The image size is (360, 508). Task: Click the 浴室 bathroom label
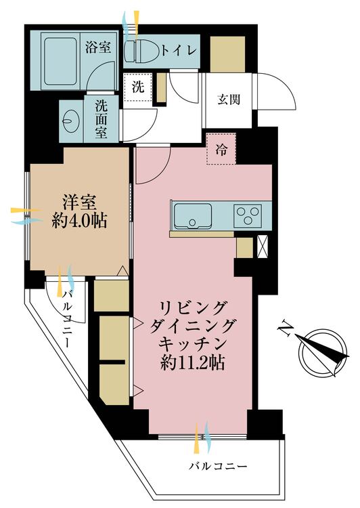coord(97,48)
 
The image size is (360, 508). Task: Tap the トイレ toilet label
coord(179,49)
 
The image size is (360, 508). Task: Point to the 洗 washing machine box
coord(138,87)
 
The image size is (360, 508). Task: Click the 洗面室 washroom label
coord(101,119)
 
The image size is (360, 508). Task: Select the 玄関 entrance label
coord(228,100)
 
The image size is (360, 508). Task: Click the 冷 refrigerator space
coord(221,151)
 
